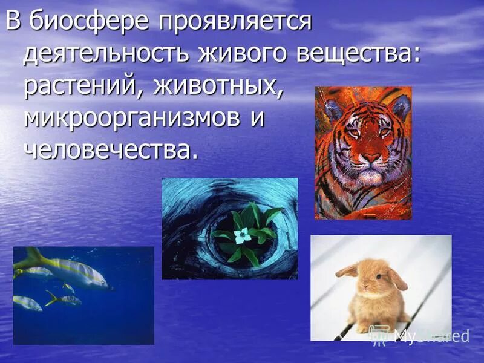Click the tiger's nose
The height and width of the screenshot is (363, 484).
[x=370, y=159]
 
